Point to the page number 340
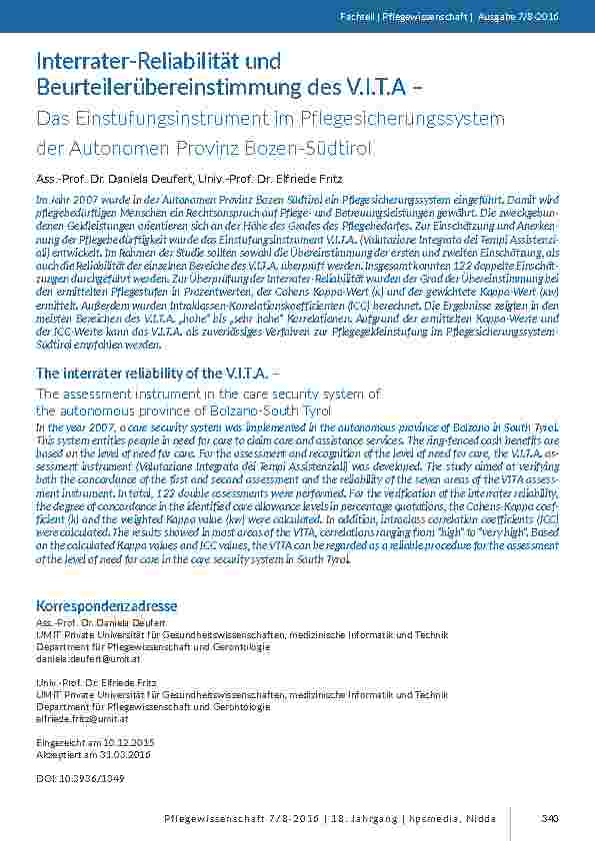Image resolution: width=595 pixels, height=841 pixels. [549, 819]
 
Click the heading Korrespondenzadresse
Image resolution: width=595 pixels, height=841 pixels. [106, 606]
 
